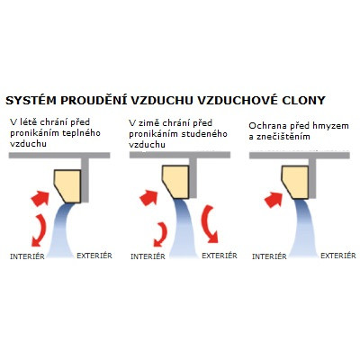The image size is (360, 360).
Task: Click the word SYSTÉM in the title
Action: (x=31, y=101)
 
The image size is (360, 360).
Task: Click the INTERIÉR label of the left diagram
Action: (x=27, y=256)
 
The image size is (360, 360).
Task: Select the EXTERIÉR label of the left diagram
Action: (x=94, y=256)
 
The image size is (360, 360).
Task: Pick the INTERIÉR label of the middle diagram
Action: (x=148, y=256)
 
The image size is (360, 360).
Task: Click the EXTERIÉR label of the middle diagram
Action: (x=220, y=256)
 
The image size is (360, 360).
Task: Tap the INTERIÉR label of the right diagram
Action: (x=269, y=256)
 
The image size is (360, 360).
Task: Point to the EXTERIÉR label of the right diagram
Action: (x=338, y=256)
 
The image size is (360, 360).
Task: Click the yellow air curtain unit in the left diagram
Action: (x=69, y=185)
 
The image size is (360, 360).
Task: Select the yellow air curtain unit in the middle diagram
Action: (x=177, y=181)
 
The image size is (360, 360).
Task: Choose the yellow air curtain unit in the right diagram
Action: (x=296, y=182)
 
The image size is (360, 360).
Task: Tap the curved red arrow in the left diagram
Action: (x=41, y=229)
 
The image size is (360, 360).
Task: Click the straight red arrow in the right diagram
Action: (x=274, y=200)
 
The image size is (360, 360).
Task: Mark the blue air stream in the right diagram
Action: (x=304, y=228)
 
